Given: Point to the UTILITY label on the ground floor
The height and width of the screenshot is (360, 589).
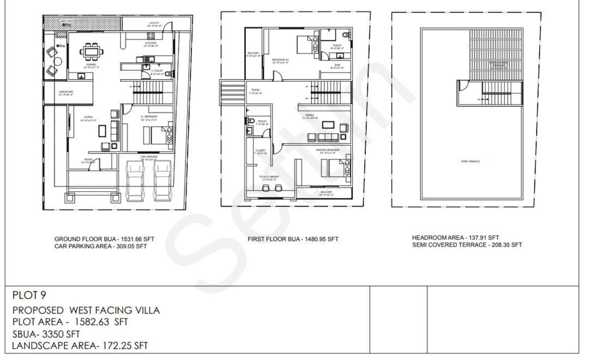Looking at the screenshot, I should pos(153,25).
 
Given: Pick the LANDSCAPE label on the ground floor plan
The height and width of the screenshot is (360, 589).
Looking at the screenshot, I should pos(66,93).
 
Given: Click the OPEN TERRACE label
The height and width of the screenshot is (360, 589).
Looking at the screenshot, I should pos(470,161).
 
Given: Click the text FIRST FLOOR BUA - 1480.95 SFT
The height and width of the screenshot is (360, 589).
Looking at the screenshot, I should pos(293,239).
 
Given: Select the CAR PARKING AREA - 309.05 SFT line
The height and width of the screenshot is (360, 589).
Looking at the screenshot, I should pos(100,246).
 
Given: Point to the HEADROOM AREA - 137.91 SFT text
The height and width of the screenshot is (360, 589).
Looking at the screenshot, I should pos(455,238).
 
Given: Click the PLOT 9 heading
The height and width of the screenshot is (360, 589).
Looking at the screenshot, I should pos(28,296).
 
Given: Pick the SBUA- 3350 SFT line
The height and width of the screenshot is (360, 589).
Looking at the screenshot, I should pos(46,333).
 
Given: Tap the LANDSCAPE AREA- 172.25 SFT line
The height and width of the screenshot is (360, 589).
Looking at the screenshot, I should pos(80,345).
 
